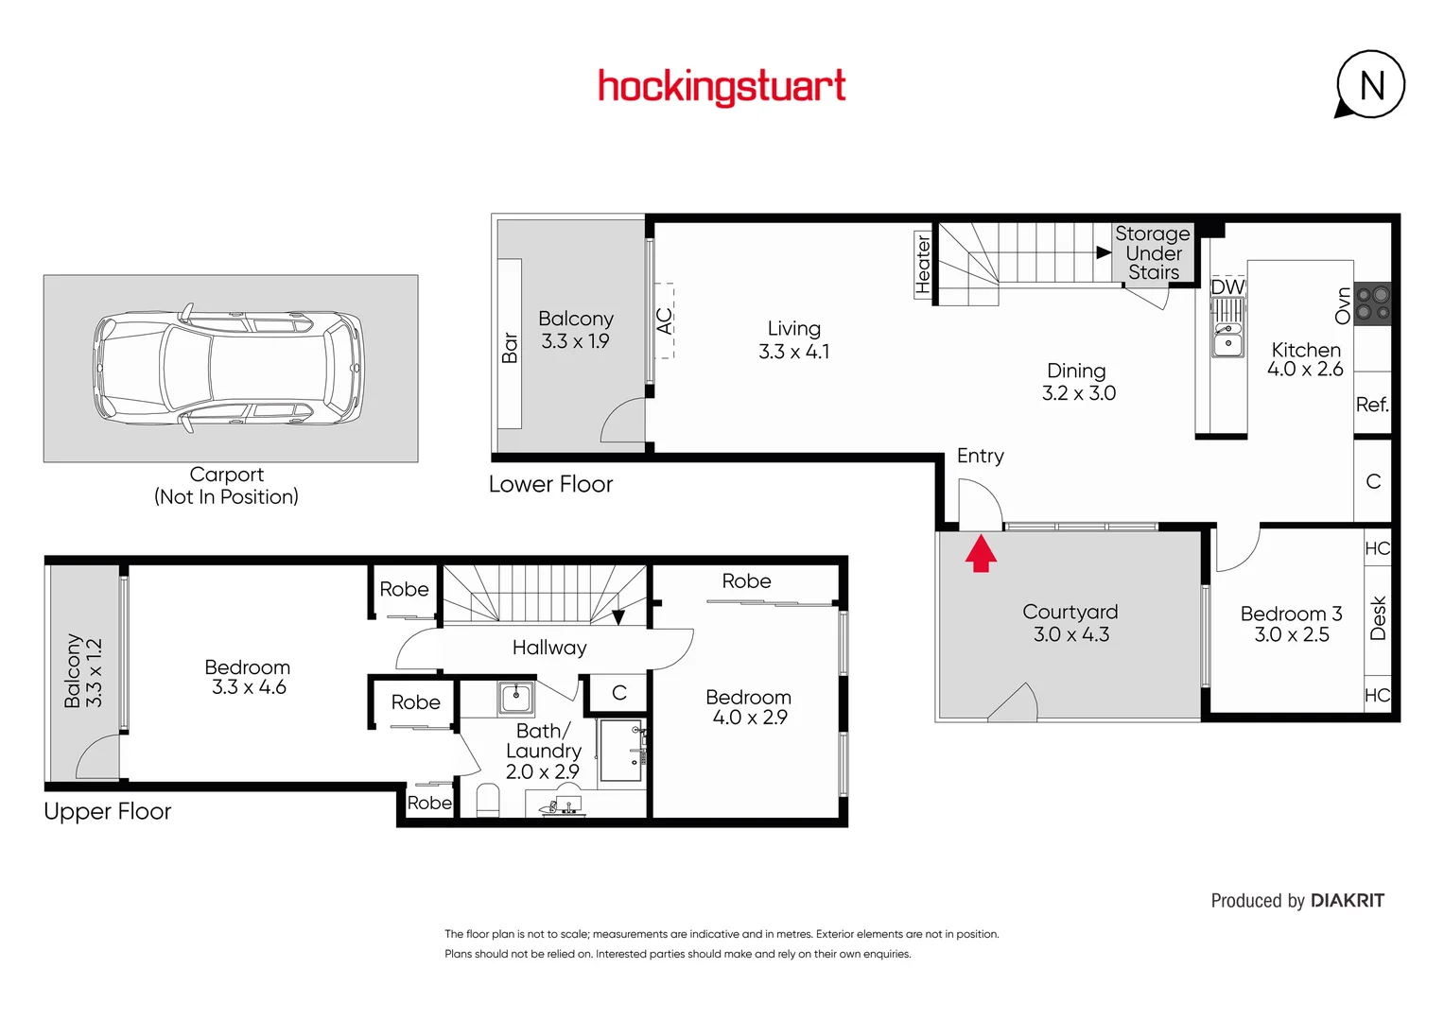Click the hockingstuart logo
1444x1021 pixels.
pyautogui.click(x=722, y=87)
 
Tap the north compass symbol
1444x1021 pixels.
pyautogui.click(x=1370, y=85)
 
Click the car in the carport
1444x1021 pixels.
pyautogui.click(x=228, y=368)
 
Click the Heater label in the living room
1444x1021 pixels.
pyautogui.click(x=923, y=265)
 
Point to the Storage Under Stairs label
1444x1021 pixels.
pyautogui.click(x=1153, y=253)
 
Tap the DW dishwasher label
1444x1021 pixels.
pyautogui.click(x=1227, y=286)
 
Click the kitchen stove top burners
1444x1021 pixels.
pyautogui.click(x=1372, y=303)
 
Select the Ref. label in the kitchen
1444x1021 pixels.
pyautogui.click(x=1372, y=405)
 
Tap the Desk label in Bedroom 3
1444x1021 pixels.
pyautogui.click(x=1378, y=618)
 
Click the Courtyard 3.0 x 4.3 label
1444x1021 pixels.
pyautogui.click(x=1070, y=623)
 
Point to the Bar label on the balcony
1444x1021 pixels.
pyautogui.click(x=510, y=348)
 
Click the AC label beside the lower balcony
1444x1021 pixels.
pyautogui.click(x=665, y=321)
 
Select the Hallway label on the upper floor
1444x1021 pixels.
pyautogui.click(x=549, y=648)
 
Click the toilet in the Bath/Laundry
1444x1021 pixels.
pyautogui.click(x=488, y=799)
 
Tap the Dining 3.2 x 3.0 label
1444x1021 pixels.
pyautogui.click(x=1078, y=382)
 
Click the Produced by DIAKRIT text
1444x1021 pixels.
pyautogui.click(x=1296, y=901)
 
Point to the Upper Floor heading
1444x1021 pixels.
pyautogui.click(x=108, y=812)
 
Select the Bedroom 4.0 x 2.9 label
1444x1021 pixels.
pyautogui.click(x=749, y=707)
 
